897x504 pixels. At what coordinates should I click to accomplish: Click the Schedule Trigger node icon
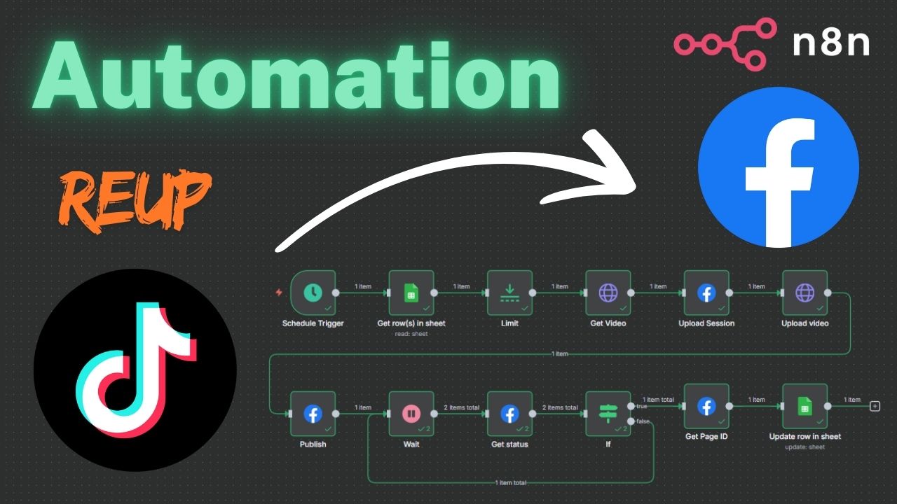tap(313, 293)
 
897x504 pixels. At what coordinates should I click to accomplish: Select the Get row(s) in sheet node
tap(411, 293)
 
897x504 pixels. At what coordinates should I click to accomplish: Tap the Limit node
tap(509, 293)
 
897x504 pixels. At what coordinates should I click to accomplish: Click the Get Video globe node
tap(608, 293)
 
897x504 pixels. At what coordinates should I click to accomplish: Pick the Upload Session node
tap(706, 293)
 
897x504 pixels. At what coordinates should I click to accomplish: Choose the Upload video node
tap(804, 293)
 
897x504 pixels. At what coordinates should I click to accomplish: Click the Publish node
tap(313, 414)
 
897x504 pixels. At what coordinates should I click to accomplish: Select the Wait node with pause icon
tap(411, 414)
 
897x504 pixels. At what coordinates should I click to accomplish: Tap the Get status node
tap(509, 414)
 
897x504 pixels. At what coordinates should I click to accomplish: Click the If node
tap(608, 414)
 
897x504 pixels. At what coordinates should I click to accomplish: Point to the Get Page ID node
tap(706, 406)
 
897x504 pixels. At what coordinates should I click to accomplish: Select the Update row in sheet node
tap(804, 406)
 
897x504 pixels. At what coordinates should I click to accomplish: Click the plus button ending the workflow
tap(875, 406)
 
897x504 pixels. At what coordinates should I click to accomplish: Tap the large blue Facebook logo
tap(779, 167)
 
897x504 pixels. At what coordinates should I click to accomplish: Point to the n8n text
tap(831, 43)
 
